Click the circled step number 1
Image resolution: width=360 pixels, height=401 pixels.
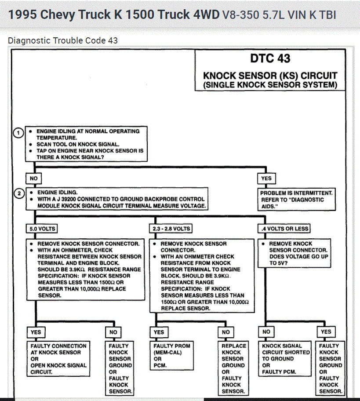click(18, 132)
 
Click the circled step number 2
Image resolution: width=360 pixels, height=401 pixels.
click(18, 193)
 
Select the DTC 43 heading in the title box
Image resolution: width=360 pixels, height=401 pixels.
click(270, 58)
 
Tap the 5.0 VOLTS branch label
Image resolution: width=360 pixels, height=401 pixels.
click(42, 229)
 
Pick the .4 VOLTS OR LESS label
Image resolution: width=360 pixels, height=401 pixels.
click(284, 229)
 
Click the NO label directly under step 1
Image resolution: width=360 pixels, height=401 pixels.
click(33, 179)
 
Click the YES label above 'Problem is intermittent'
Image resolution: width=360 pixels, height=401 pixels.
click(266, 179)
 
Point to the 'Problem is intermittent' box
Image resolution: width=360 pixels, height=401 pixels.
click(297, 200)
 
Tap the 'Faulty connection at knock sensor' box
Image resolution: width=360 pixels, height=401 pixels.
click(58, 358)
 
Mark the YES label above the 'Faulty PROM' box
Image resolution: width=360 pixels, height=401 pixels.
click(159, 332)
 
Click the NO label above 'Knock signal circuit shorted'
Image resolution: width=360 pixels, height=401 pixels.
click(266, 332)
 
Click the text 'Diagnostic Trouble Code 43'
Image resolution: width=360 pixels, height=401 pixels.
click(63, 40)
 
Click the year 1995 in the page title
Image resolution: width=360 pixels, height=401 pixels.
click(22, 15)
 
